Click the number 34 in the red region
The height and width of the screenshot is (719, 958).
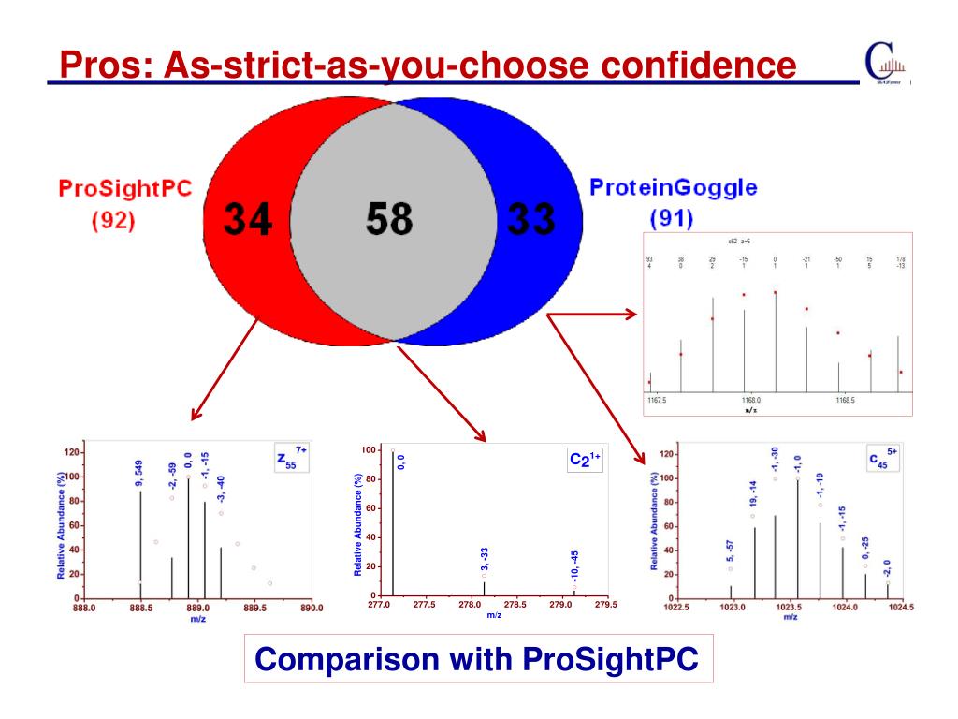(248, 221)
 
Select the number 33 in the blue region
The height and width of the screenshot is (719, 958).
(530, 221)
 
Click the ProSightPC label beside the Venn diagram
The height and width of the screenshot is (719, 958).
(124, 188)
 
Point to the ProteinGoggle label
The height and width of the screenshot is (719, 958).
(674, 187)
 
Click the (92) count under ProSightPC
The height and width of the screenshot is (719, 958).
(113, 222)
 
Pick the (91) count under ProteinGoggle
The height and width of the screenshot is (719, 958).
(671, 220)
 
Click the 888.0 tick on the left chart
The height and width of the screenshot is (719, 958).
(82, 609)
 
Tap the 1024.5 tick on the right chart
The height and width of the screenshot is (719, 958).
(902, 607)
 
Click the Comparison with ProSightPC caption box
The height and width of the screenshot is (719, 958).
(477, 658)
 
